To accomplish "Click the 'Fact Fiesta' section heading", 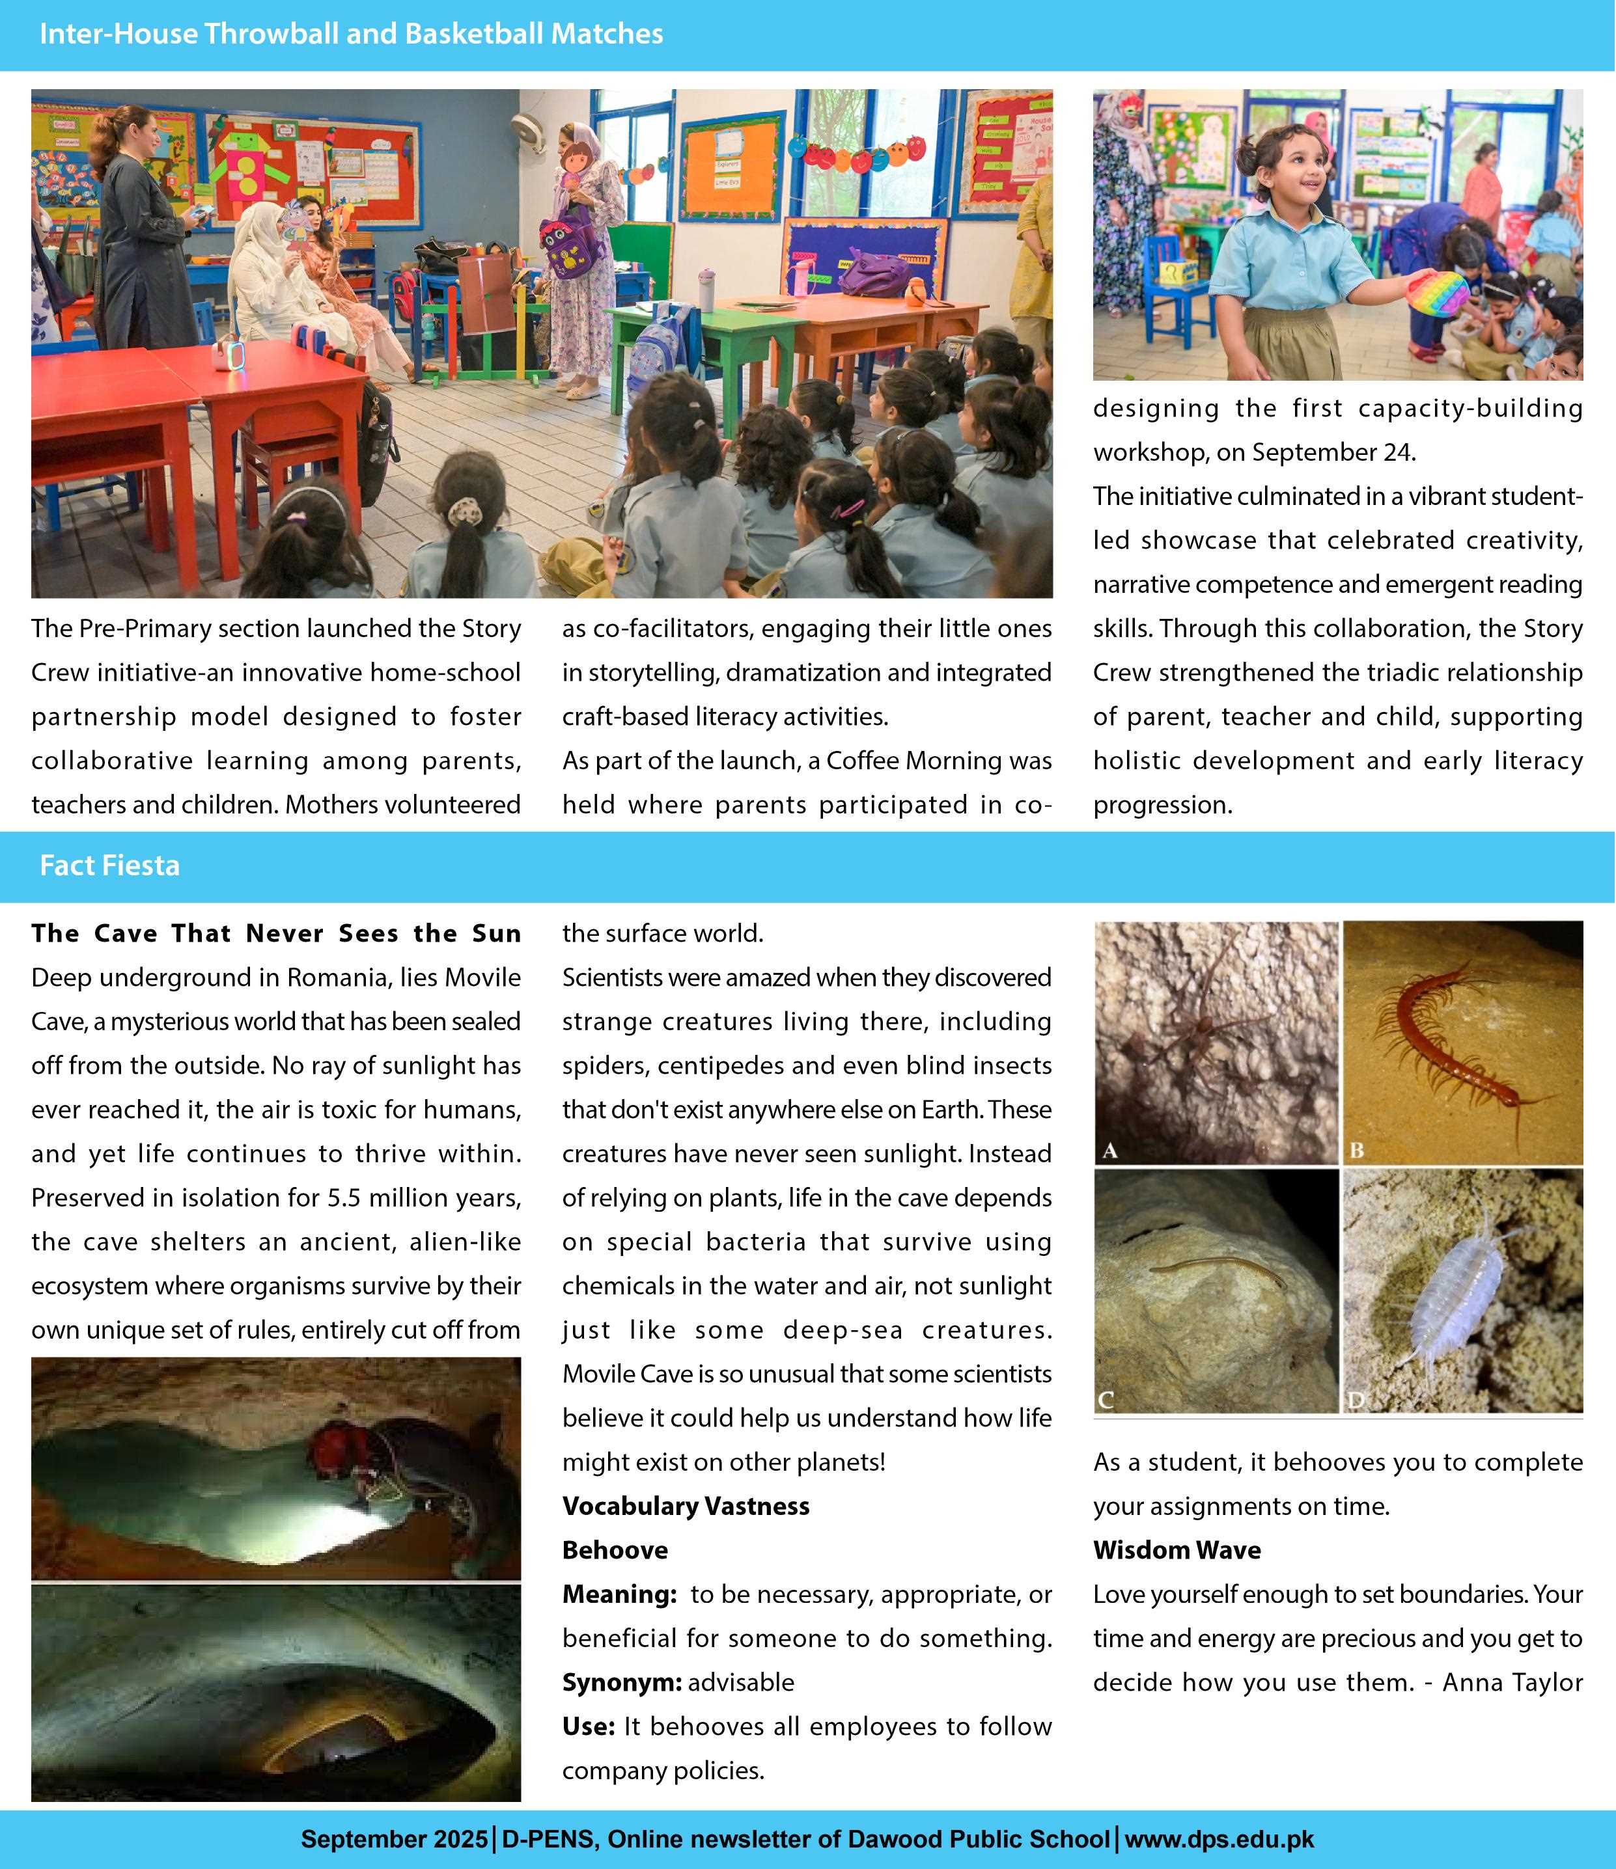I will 109,866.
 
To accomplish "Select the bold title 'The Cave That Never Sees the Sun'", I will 276,934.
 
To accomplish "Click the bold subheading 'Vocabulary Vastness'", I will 686,1507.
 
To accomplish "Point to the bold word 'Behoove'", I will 615,1551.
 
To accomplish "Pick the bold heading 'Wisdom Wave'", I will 1177,1551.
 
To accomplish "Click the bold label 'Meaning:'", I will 619,1595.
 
